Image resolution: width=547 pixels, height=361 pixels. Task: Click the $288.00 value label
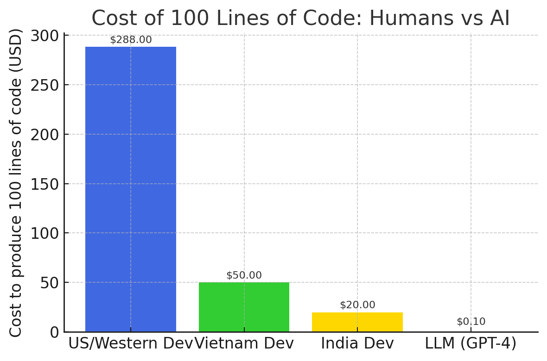131,40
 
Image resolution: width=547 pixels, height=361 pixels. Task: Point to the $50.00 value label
244,275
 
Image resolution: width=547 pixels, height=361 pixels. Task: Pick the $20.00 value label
357,305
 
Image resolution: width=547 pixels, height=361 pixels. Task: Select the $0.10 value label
471,322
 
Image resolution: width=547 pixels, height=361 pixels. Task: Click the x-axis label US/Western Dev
130,343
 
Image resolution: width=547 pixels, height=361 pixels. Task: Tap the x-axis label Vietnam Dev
244,343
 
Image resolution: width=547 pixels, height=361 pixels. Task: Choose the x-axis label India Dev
357,343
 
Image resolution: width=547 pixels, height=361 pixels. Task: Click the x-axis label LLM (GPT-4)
471,343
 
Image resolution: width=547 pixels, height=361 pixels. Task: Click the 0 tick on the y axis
55,332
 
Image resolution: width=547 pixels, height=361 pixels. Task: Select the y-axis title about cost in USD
16,183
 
